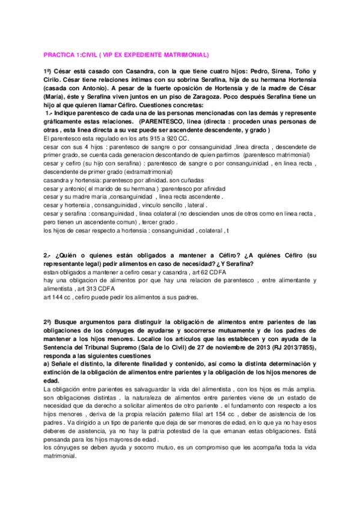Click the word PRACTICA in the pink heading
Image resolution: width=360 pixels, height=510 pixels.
coord(58,55)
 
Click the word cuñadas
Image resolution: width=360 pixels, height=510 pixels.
coord(194,180)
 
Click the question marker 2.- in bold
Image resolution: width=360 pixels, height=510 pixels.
coord(47,256)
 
